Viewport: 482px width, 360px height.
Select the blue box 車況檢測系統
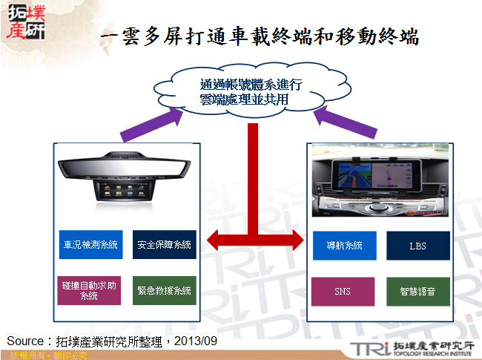click(90, 245)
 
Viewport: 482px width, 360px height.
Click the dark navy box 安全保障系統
click(165, 245)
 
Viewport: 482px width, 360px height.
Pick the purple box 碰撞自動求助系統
click(90, 290)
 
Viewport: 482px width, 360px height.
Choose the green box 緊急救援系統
click(165, 290)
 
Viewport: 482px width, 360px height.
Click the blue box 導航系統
click(343, 245)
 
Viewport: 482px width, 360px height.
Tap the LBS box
click(417, 245)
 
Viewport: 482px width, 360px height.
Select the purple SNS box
click(343, 290)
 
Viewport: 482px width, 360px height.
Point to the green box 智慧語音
click(417, 290)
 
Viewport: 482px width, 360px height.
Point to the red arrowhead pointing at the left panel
click(216, 240)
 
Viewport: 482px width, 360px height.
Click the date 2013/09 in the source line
click(196, 341)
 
